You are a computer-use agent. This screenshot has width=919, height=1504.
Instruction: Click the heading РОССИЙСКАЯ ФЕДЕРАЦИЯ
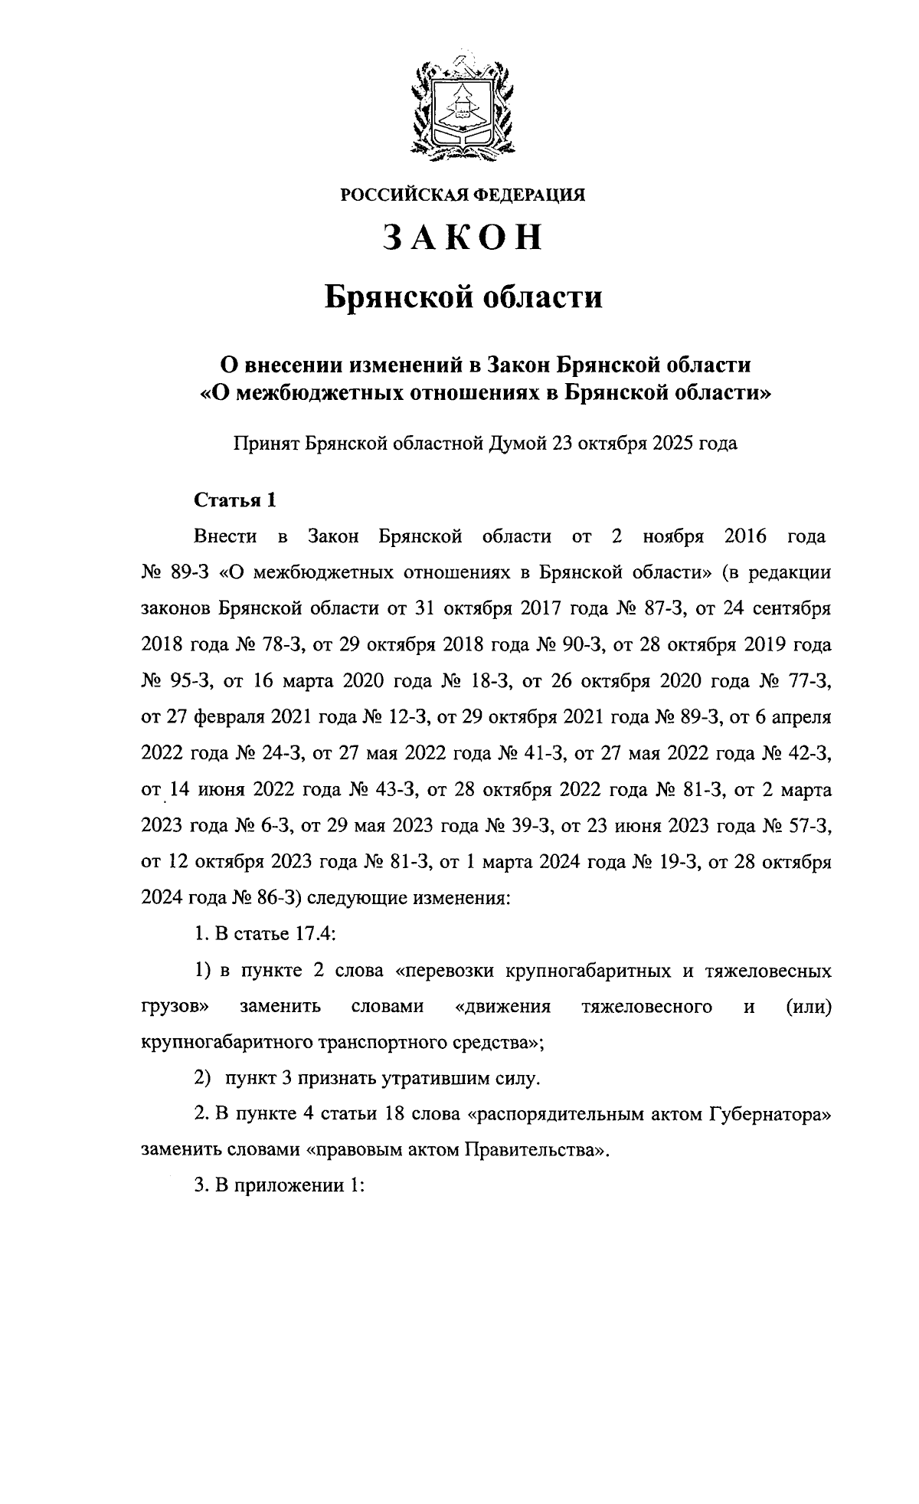point(463,195)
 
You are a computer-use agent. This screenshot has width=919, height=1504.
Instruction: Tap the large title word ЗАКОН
point(463,238)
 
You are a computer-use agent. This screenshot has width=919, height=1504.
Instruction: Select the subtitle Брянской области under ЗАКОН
point(463,297)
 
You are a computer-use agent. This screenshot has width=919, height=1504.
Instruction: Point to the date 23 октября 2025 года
point(642,443)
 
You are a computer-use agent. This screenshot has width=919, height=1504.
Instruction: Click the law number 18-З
point(491,681)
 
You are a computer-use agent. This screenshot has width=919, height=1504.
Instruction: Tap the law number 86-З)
point(270,898)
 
